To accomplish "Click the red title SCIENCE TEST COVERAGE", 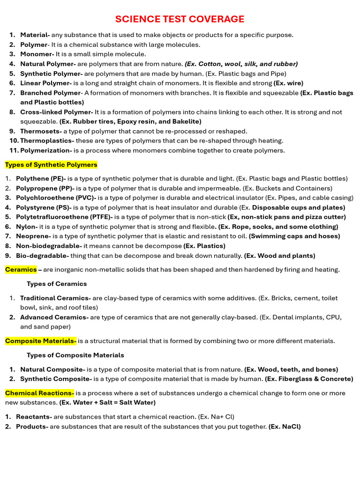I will coord(180,19).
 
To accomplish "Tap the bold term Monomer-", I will coord(37,54).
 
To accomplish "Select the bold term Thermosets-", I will coord(41,131).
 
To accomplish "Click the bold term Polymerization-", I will coord(46,150).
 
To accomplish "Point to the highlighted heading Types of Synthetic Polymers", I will coord(51,165).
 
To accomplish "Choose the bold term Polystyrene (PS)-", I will coord(44,207).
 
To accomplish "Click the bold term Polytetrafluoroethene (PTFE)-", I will coord(65,217).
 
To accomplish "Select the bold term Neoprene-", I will coord(33,236).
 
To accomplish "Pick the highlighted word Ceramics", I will coord(21,270).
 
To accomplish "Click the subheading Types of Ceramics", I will coord(57,284).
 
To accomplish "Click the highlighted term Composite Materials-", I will coord(41,341).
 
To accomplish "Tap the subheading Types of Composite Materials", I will coord(75,355).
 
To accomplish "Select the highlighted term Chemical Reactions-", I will coord(40,393).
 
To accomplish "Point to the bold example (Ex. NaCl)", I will coord(285,427).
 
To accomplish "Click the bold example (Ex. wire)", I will coord(288,83).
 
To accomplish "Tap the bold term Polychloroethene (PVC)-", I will coord(56,198).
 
